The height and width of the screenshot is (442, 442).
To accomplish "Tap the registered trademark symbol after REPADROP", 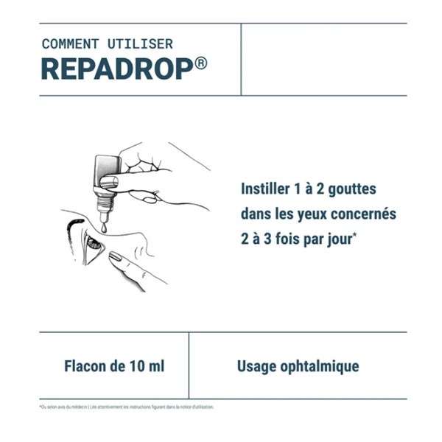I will [x=201, y=63].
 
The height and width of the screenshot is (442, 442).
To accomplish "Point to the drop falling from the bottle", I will [x=105, y=230].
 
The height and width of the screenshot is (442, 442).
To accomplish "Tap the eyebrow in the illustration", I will [x=78, y=222].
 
